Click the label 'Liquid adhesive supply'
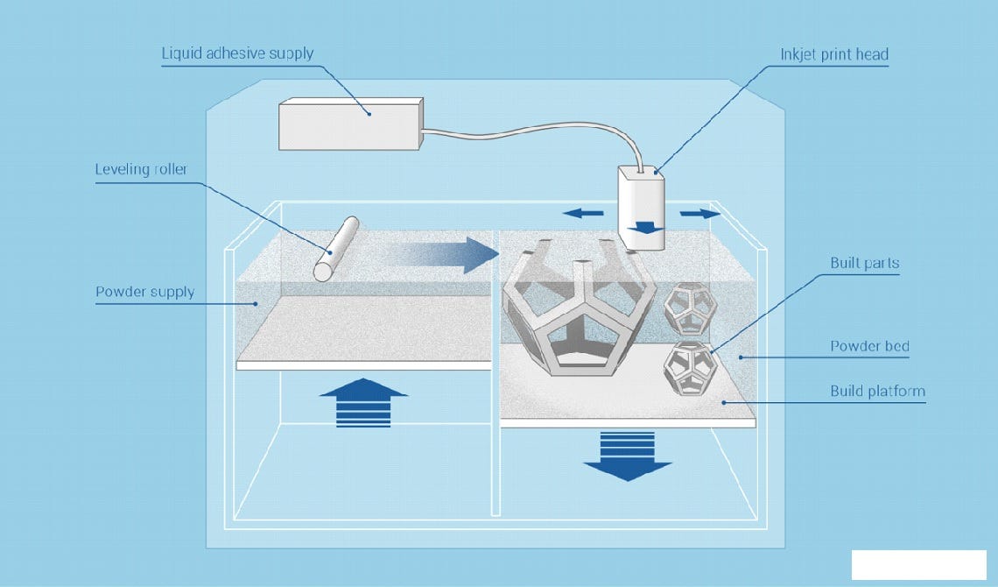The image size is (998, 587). point(237,53)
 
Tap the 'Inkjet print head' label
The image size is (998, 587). point(833,54)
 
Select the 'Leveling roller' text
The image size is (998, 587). point(141,169)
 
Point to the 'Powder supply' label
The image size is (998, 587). point(144,292)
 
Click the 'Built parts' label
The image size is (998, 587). point(864,264)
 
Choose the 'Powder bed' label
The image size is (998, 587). point(868,346)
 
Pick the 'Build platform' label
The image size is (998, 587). point(877,391)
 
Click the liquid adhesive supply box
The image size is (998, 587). point(350,124)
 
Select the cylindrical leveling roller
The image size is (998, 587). point(337,249)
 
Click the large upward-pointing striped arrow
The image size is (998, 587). point(363,402)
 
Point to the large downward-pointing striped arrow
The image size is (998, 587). point(627,456)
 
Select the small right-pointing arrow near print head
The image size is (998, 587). point(701,213)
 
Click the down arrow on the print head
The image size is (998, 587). point(645,229)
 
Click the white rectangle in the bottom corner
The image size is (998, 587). point(917,565)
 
